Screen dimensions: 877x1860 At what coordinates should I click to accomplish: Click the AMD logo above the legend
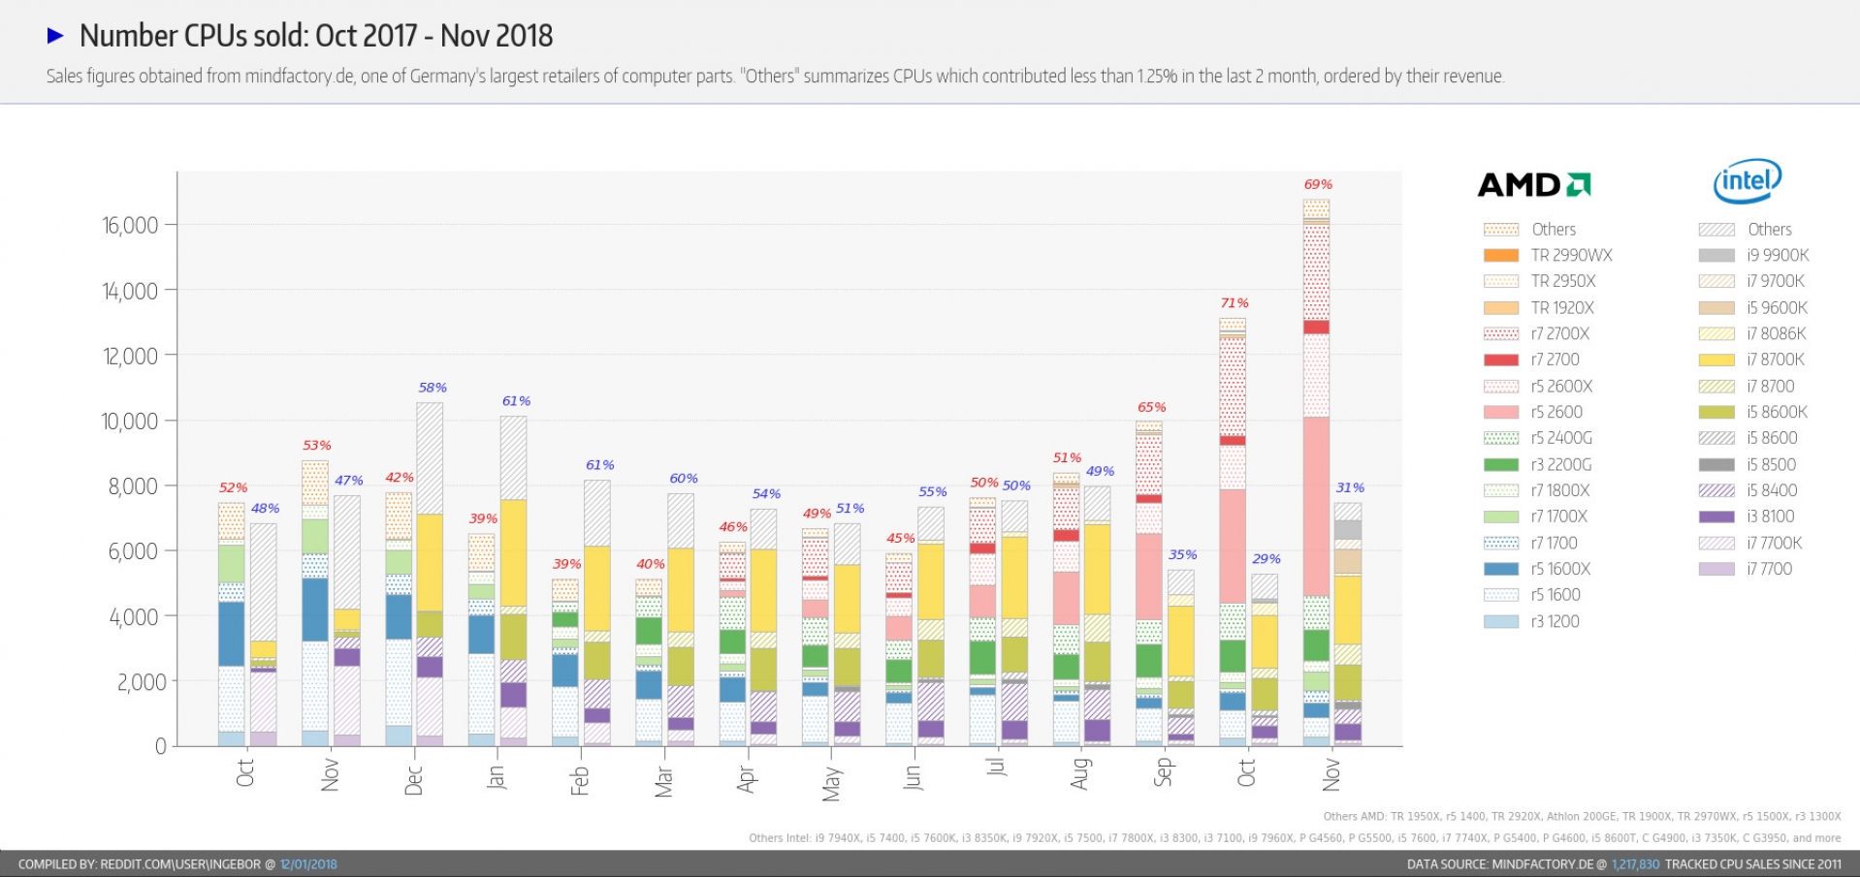(x=1533, y=184)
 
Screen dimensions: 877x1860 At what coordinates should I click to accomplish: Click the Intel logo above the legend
(x=1747, y=181)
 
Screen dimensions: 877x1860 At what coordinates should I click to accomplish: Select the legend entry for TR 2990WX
(x=1571, y=256)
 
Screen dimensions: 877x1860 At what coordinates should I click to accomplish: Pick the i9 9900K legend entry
(x=1778, y=256)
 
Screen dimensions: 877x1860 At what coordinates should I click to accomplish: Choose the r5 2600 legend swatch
(x=1501, y=413)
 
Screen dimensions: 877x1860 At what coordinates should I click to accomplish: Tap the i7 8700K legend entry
(x=1775, y=360)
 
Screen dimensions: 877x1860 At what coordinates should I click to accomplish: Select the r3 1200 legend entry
(x=1555, y=622)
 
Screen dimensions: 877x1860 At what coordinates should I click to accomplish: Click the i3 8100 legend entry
(x=1770, y=517)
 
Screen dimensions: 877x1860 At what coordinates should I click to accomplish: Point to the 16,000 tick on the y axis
(x=130, y=226)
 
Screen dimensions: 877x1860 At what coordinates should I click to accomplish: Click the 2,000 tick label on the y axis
(x=142, y=682)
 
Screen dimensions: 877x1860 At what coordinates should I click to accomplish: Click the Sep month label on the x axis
(x=1164, y=771)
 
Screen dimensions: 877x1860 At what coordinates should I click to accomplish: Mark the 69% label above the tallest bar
(x=1318, y=184)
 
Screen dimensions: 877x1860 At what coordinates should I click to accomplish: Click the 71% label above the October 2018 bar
(x=1235, y=303)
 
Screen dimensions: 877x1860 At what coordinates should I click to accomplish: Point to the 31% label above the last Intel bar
(x=1350, y=487)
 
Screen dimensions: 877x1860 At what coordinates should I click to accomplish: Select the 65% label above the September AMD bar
(x=1151, y=407)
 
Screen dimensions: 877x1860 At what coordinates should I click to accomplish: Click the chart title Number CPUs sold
(x=316, y=36)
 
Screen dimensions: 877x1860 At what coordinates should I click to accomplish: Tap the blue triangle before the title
(x=55, y=36)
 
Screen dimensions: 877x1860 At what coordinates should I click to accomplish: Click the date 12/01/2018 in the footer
(x=308, y=864)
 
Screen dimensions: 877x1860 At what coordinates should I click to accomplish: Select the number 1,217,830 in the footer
(x=1635, y=864)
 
